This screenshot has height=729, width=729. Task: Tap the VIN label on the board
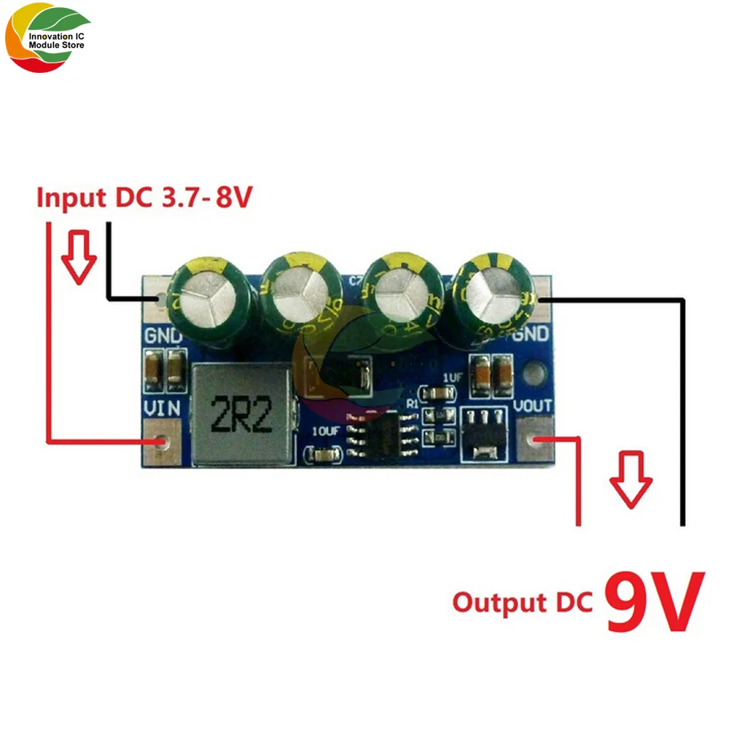pos(163,410)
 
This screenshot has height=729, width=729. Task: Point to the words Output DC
pos(522,604)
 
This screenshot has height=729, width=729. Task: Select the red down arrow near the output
pos(631,479)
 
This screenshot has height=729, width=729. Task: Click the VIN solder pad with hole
pos(162,442)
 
